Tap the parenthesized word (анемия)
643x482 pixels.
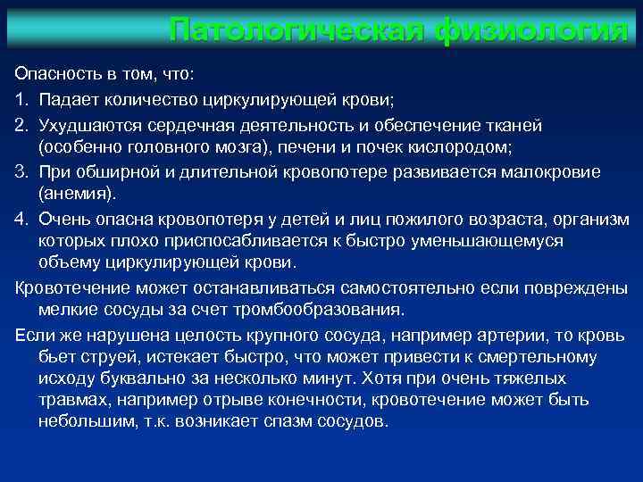(x=78, y=194)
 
